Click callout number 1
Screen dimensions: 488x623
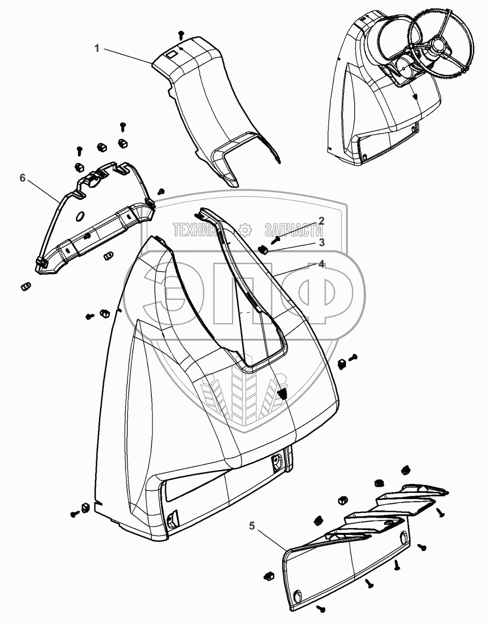(x=97, y=48)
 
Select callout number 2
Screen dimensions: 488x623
(x=321, y=220)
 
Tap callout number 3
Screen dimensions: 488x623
(x=321, y=242)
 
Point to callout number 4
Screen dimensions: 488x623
(x=321, y=264)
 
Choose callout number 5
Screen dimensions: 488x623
(x=252, y=526)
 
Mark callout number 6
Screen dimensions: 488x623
(x=22, y=178)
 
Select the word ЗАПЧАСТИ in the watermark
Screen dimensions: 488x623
(x=294, y=229)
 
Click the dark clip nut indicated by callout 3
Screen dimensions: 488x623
(x=263, y=250)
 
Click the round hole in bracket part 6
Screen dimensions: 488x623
(x=79, y=216)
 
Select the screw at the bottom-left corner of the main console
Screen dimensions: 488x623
(x=75, y=514)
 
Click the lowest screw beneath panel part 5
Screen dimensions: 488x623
(x=321, y=608)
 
